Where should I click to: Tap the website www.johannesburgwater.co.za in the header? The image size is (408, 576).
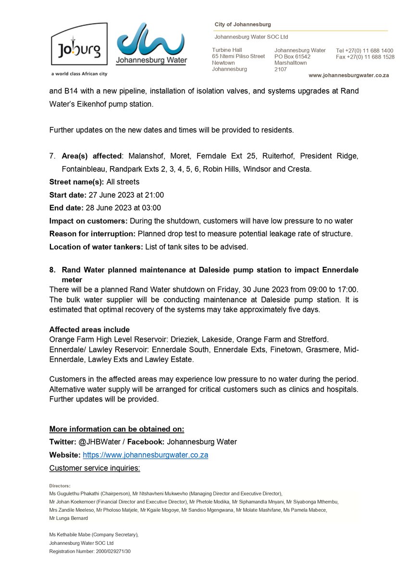coord(348,75)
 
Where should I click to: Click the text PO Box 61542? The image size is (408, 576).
coord(292,57)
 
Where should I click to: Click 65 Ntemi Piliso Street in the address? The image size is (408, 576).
coord(238,57)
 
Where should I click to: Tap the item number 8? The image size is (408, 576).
coord(52,270)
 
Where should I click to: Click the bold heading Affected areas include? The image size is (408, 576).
coord(89,329)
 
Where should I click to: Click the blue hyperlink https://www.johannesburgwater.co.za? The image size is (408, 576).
coord(145,455)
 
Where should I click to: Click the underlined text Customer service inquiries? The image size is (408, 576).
coord(95,468)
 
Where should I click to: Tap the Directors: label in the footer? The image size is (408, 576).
coord(60,486)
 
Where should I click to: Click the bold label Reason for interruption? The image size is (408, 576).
coord(92,234)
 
